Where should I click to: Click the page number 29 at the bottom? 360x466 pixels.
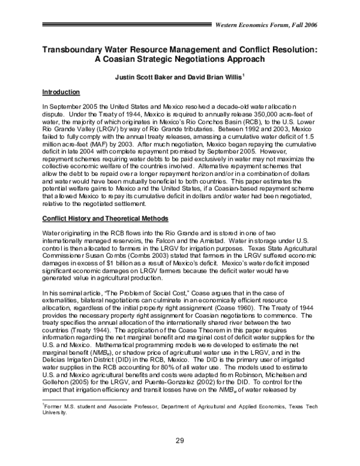pyautogui.click(x=180, y=440)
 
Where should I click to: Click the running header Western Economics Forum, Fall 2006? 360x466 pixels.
pyautogui.click(x=266, y=24)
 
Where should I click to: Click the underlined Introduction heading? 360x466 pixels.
pyautogui.click(x=61, y=92)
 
